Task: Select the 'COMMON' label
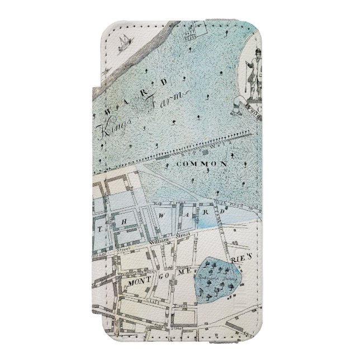coord(201,164)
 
